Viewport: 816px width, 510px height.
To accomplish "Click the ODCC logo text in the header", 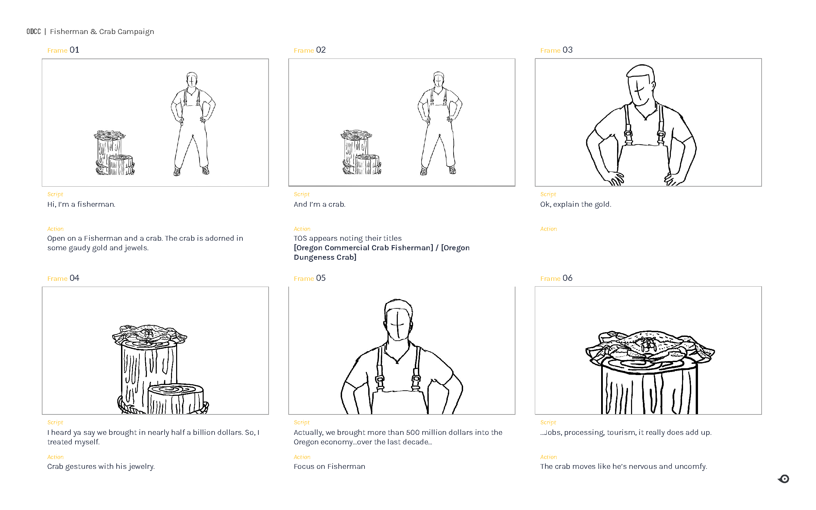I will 33,32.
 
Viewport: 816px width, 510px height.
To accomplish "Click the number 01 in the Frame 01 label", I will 74,50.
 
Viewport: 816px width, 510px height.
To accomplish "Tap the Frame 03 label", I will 556,50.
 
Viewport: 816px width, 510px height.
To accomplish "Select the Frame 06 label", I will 556,278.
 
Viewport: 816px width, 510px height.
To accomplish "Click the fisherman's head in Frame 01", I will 192,80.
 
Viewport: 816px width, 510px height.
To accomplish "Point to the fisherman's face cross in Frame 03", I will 639,91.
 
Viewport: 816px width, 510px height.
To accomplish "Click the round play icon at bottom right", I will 784,479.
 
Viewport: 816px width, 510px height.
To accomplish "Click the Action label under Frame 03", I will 548,229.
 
